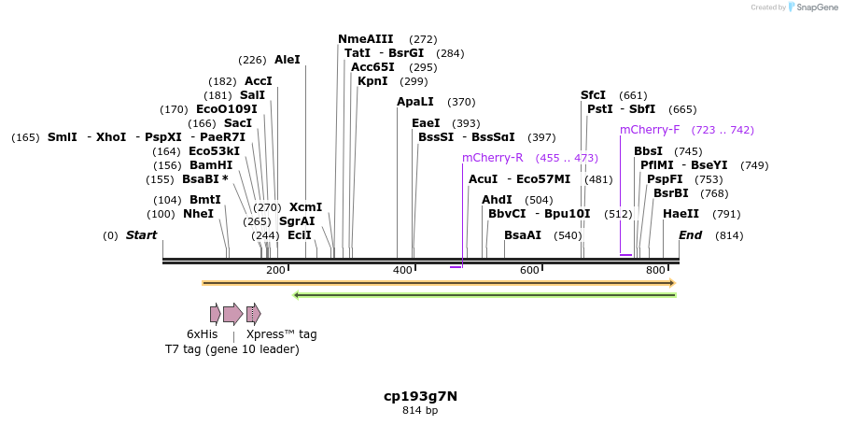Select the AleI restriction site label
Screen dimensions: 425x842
(288, 60)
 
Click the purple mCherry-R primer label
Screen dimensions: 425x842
(492, 158)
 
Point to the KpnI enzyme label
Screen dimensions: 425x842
(372, 81)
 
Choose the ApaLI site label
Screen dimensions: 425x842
(415, 102)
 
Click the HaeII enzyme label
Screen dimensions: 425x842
(681, 214)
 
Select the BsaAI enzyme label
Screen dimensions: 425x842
(523, 235)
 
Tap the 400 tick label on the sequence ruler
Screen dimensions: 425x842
(403, 270)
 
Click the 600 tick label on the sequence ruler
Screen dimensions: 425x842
(530, 270)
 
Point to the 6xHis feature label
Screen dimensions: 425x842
(202, 333)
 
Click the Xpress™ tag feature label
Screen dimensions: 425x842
(281, 333)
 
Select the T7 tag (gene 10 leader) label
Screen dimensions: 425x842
(232, 349)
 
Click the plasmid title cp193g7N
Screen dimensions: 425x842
(420, 396)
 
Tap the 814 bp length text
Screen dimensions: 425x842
(420, 410)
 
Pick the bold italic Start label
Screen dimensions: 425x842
(141, 235)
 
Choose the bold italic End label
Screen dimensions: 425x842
(690, 235)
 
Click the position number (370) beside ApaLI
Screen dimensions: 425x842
(461, 102)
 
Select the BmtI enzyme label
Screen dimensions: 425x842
(205, 200)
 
